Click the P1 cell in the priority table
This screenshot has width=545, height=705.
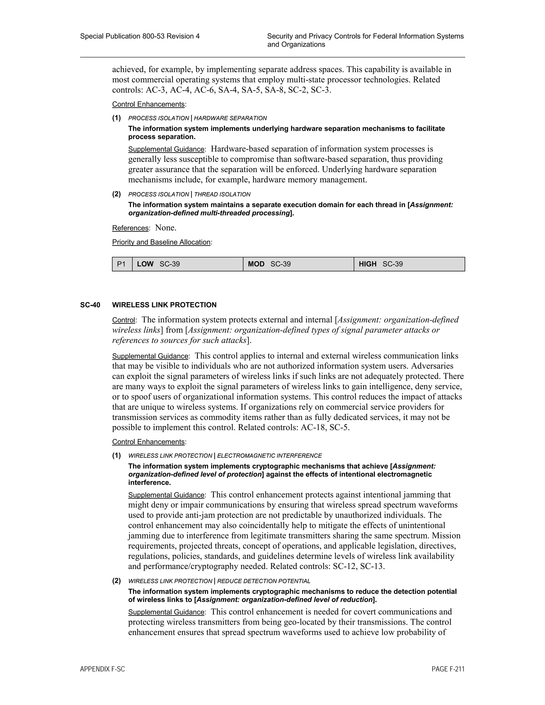pyautogui.click(x=121, y=264)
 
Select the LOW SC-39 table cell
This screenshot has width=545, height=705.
pyautogui.click(x=187, y=264)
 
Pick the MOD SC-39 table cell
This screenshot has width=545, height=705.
pyautogui.click(x=298, y=264)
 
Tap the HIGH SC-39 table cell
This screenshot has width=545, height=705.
pyautogui.click(x=409, y=264)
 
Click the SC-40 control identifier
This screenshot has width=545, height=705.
pyautogui.click(x=90, y=305)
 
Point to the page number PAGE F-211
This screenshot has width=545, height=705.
pyautogui.click(x=448, y=669)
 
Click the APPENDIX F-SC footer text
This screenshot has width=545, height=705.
pyautogui.click(x=102, y=669)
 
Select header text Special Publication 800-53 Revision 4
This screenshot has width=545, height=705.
pyautogui.click(x=140, y=36)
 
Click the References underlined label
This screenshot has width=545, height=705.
pyautogui.click(x=130, y=228)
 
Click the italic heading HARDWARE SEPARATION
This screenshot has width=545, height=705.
pyautogui.click(x=230, y=118)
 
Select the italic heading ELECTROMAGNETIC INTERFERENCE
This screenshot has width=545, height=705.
pyautogui.click(x=269, y=456)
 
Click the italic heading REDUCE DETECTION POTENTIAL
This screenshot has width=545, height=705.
pyautogui.click(x=263, y=581)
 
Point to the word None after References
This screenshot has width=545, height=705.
pyautogui.click(x=165, y=228)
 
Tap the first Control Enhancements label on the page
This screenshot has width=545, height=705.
pyautogui.click(x=148, y=104)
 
